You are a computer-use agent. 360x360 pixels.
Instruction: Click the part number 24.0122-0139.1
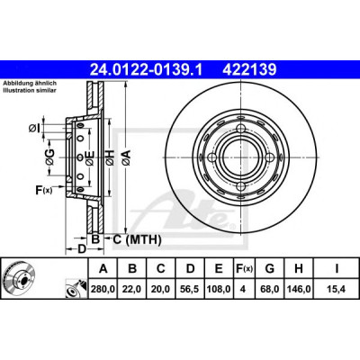tap(147, 70)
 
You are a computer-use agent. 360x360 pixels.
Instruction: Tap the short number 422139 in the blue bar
tap(249, 70)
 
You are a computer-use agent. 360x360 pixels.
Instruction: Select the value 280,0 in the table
tap(103, 289)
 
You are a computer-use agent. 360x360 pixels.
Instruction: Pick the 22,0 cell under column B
tap(132, 289)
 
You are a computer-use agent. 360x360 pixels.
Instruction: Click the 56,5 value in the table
tap(191, 289)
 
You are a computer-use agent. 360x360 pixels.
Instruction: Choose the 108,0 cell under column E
tap(219, 289)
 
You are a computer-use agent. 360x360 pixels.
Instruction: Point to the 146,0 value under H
tap(299, 289)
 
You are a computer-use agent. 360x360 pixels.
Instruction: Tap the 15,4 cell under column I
tap(337, 289)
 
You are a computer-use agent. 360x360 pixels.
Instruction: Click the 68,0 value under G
tap(270, 289)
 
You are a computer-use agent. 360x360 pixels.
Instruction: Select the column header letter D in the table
tap(191, 268)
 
